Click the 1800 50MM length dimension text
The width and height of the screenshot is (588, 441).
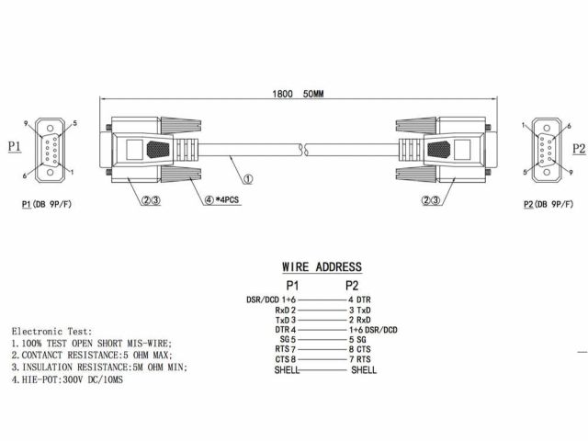[x=298, y=94]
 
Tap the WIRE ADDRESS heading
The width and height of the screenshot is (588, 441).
[x=322, y=267]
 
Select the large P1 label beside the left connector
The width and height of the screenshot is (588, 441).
[x=15, y=146]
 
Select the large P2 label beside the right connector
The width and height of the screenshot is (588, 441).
[x=579, y=149]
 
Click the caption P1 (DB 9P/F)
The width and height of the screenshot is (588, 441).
[x=47, y=204]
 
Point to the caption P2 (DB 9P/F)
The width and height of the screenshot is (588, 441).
[x=548, y=204]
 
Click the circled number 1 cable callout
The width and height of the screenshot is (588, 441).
[x=248, y=179]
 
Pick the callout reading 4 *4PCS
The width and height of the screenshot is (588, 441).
[x=221, y=199]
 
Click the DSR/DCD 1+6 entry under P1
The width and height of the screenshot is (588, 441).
[x=271, y=300]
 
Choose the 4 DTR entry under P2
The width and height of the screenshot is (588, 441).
[x=359, y=300]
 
